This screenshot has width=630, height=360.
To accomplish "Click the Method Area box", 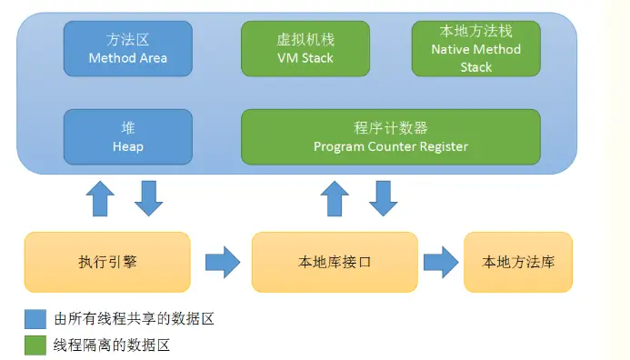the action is coord(128,48).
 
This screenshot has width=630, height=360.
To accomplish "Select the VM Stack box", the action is coord(305,48).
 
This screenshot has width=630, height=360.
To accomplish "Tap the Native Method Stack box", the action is coord(476,48).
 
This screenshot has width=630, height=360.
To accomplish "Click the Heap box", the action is coord(128,137).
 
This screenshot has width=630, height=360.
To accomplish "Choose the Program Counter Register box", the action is coord(391,137).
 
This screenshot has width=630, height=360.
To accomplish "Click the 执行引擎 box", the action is coord(107,262).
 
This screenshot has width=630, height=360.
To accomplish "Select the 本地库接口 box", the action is coord(335,262).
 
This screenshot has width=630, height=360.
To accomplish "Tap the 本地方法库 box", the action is coord(518,262).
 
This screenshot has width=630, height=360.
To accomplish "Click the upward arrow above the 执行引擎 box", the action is coord(100,198).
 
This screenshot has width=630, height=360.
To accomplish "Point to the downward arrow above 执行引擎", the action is coord(149,198).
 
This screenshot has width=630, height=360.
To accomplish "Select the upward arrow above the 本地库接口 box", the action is coord(335,198).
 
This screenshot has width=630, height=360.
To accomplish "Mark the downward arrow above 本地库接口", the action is coord(384,198).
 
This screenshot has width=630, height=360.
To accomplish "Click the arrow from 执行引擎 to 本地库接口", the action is coord(223,263).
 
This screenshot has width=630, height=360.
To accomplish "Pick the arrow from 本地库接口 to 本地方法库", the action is coord(441,263).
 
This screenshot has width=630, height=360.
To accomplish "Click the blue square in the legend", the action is coord(35,319).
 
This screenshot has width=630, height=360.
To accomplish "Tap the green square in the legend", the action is coord(35,345).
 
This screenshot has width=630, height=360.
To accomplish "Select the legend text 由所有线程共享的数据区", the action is coord(134,319).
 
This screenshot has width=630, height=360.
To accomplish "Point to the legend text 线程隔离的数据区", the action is coord(112,345).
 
